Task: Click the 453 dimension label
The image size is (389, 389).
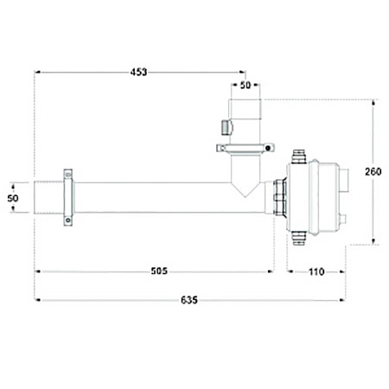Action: pos(138,72)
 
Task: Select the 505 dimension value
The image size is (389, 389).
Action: pos(159,271)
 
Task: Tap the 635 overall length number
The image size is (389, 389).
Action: pos(189,300)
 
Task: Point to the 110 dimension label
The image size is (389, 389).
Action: pos(316,271)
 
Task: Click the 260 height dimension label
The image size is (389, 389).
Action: pos(373,171)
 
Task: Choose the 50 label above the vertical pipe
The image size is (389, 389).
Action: pos(246,85)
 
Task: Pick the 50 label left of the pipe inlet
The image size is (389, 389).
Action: pos(13,198)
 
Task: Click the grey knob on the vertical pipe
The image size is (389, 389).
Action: pos(226,127)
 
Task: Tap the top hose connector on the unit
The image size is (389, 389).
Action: pos(299,156)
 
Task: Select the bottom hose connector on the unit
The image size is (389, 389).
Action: pos(299,238)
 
